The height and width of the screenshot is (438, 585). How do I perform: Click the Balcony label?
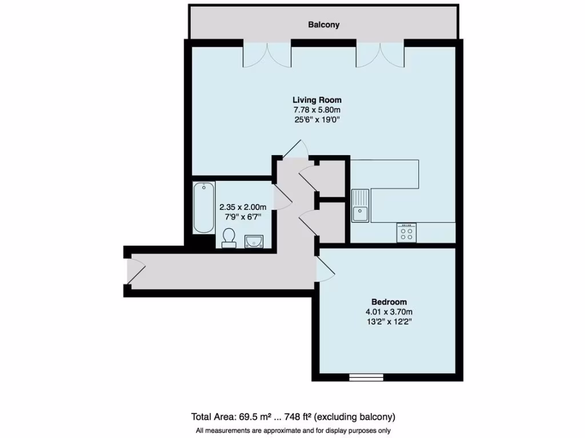(x=323, y=25)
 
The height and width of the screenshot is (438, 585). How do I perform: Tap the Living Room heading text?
(x=317, y=100)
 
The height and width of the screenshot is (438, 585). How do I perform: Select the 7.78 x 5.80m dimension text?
(x=317, y=109)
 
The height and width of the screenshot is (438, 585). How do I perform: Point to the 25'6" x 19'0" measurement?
(x=317, y=120)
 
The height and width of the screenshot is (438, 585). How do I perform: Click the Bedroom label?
(x=389, y=302)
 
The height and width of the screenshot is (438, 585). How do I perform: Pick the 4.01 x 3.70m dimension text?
(x=389, y=312)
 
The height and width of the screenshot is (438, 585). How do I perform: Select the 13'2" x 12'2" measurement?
(x=389, y=322)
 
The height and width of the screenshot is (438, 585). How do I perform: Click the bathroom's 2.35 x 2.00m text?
(x=243, y=207)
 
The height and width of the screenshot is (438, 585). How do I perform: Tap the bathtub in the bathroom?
(x=203, y=208)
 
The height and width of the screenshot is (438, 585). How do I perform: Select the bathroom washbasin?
(x=254, y=241)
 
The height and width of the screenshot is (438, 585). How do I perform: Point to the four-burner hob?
(x=407, y=233)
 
